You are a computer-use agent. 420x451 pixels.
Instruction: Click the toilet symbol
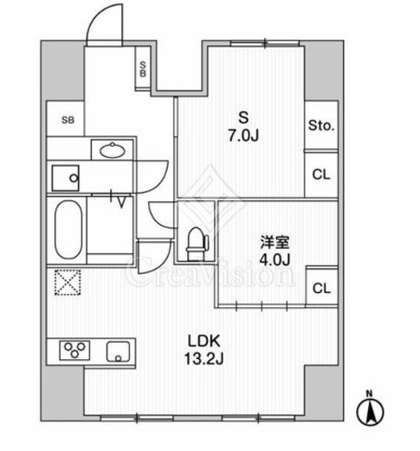pyautogui.click(x=197, y=244)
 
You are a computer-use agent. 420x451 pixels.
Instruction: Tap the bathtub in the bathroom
pyautogui.click(x=68, y=230)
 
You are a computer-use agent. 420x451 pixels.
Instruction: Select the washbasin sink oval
pyautogui.click(x=113, y=150)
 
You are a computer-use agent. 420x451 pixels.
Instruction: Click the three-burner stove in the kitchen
pyautogui.click(x=74, y=350)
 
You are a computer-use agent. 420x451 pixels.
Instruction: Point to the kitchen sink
pyautogui.click(x=118, y=351)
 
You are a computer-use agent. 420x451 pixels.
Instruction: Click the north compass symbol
pyautogui.click(x=371, y=409)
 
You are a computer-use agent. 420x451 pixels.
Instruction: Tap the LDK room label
pyautogui.click(x=204, y=341)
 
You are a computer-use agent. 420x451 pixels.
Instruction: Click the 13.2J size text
pyautogui.click(x=204, y=359)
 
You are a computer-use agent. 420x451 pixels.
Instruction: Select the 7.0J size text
pyautogui.click(x=243, y=135)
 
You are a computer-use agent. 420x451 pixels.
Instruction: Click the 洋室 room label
pyautogui.click(x=275, y=242)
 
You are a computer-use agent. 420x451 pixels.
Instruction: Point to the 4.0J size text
pyautogui.click(x=275, y=260)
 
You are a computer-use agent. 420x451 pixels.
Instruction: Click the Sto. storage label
pyautogui.click(x=321, y=126)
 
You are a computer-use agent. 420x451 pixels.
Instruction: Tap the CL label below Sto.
pyautogui.click(x=321, y=174)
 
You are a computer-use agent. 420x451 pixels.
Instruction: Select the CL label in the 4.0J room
pyautogui.click(x=321, y=288)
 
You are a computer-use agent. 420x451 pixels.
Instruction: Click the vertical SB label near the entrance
pyautogui.click(x=143, y=69)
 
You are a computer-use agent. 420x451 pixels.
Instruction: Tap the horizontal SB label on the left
pyautogui.click(x=68, y=120)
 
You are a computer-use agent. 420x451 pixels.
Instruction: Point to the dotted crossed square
pyautogui.click(x=68, y=282)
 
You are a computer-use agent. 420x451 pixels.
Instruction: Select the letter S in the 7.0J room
pyautogui.click(x=243, y=118)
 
